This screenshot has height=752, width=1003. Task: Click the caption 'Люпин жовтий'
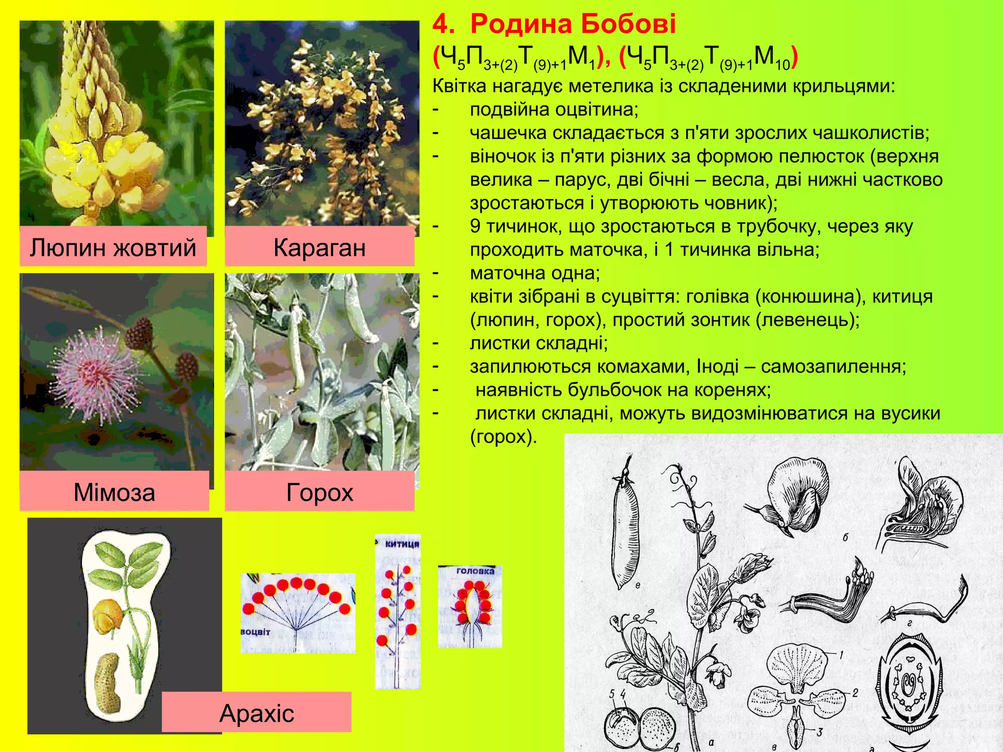coord(113,247)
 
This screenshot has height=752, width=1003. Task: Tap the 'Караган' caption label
coord(319,247)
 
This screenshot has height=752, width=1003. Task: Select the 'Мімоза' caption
coord(114,492)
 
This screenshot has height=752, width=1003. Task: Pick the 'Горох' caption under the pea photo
coord(319,492)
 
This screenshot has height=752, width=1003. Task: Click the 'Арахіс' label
coord(257,713)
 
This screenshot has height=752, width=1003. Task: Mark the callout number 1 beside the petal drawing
coord(841,655)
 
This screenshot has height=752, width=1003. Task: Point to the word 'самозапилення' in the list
coord(833,367)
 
